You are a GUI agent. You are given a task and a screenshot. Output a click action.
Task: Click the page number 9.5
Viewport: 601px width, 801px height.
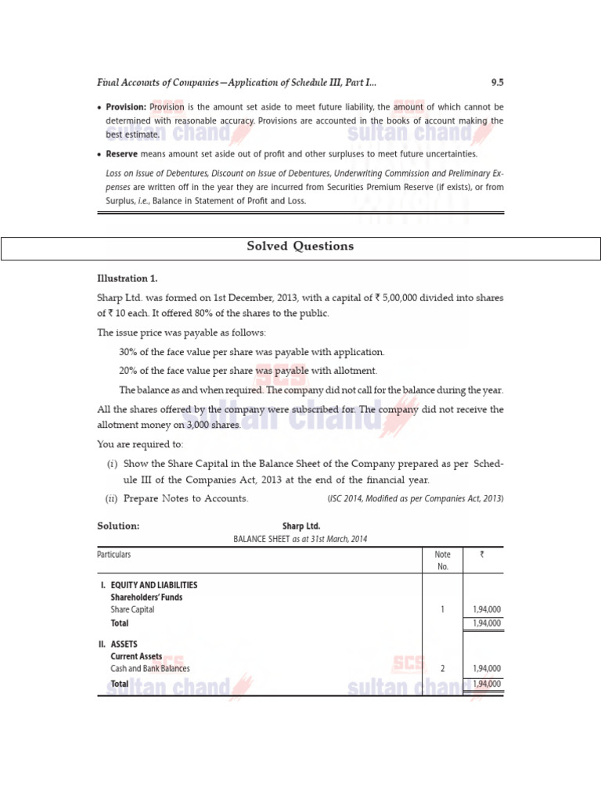(x=497, y=82)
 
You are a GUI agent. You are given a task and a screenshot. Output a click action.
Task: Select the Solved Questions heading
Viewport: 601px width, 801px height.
(x=300, y=246)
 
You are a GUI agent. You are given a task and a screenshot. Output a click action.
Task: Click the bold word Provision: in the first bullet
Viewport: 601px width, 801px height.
(x=127, y=107)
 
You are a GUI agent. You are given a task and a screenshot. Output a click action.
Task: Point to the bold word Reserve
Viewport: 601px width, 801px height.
(x=122, y=154)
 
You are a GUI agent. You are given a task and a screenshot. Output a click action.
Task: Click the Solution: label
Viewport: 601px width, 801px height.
(x=118, y=526)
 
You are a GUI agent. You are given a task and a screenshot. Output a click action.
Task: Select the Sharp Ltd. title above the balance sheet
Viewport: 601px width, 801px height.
(x=300, y=526)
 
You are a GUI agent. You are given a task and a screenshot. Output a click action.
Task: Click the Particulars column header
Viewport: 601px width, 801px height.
(x=113, y=555)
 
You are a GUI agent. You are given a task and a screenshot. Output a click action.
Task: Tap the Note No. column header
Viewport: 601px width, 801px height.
(x=443, y=560)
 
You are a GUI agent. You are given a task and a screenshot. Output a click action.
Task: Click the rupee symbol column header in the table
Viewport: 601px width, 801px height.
(x=481, y=555)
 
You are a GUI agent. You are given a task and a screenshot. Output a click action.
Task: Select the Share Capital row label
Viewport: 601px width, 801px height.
(x=132, y=609)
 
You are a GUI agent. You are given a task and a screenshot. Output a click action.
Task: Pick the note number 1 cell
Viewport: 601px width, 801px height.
(x=443, y=609)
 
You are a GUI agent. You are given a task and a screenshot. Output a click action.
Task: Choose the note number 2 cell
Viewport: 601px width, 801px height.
(x=443, y=669)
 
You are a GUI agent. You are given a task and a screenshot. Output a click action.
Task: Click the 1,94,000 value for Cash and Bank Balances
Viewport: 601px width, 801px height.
(x=487, y=669)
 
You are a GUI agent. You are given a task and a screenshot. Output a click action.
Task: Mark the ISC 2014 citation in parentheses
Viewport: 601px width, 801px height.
(x=415, y=498)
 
